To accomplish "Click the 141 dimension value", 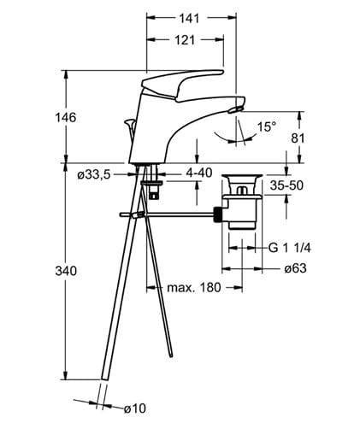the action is point(189,18).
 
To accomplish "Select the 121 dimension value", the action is point(185,40).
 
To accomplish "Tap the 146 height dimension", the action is point(66,117).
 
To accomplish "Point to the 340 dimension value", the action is point(66,271).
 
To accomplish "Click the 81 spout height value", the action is point(298,138).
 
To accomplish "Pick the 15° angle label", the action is point(267,126).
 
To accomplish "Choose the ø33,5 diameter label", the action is point(93,174).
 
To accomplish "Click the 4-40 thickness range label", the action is point(199,173).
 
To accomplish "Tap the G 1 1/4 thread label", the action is point(289,248).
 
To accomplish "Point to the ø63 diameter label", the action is point(295,268).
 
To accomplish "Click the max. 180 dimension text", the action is point(194,288).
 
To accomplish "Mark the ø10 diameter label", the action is point(134,408).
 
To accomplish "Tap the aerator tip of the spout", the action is point(236,109).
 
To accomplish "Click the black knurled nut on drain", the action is point(217,214).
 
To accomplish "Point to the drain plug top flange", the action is point(242,176).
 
